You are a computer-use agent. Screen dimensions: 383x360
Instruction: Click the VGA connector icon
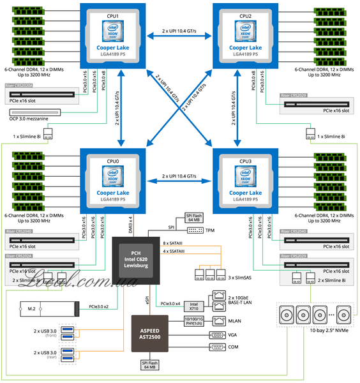pos(217,334)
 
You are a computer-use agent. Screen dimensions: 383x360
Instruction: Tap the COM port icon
pos(217,348)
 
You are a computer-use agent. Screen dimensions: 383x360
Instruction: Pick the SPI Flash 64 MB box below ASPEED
pos(151,365)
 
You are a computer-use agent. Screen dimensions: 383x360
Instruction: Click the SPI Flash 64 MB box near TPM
pos(194,218)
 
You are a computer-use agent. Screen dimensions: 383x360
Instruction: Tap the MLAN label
pos(235,320)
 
